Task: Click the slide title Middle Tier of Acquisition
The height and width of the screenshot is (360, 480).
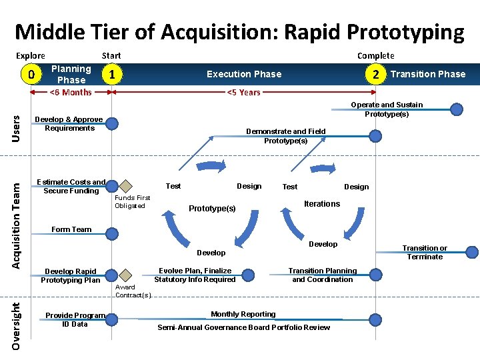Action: click(239, 31)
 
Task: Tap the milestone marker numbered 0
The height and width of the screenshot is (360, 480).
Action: click(30, 74)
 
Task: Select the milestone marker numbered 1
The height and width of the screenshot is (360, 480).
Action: click(115, 74)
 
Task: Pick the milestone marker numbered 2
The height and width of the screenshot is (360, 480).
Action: click(377, 74)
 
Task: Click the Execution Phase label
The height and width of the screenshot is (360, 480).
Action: click(244, 74)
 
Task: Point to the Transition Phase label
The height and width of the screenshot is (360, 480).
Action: click(428, 74)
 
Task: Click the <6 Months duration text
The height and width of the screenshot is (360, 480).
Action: click(71, 92)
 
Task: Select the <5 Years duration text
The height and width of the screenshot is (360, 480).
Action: click(244, 92)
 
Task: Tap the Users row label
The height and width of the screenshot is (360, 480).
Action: click(17, 127)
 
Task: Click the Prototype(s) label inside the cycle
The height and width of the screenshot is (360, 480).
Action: click(212, 209)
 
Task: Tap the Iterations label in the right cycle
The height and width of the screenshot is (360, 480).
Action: click(322, 204)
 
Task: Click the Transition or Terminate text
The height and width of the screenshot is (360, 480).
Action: click(425, 252)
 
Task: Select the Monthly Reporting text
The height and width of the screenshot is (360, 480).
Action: click(243, 314)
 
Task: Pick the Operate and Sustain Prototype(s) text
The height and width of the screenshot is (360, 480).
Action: click(387, 109)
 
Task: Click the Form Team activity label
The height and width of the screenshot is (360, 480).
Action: click(71, 229)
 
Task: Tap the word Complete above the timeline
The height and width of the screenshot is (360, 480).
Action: click(375, 56)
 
